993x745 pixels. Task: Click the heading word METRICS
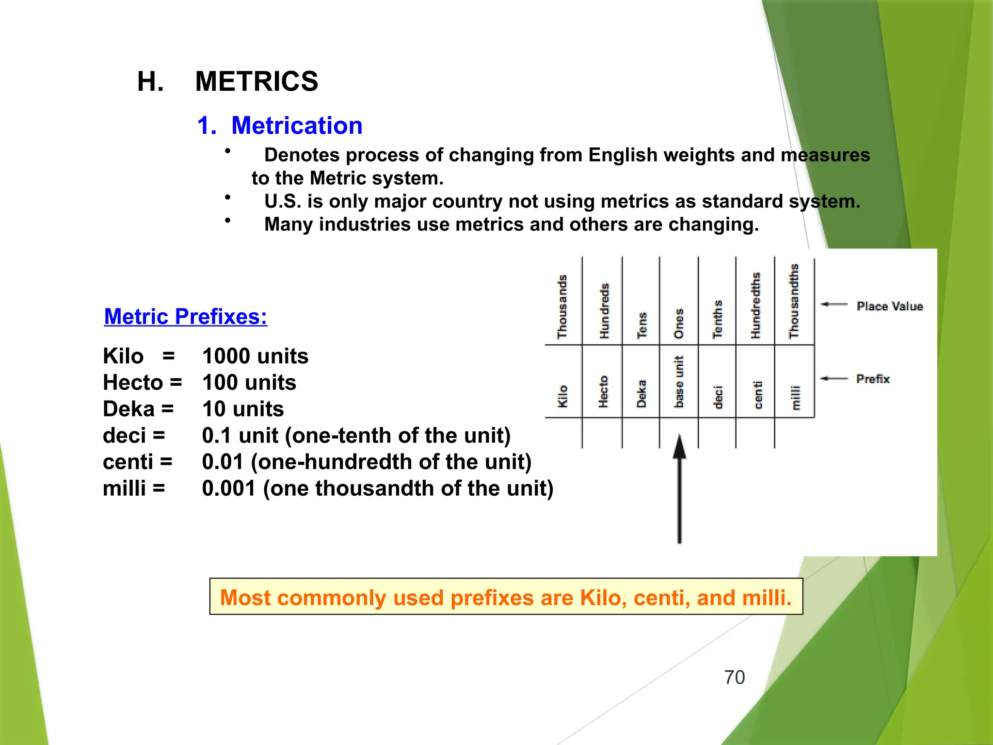[x=256, y=81]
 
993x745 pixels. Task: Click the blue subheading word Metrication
[x=297, y=126]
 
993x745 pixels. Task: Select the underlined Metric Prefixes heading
[x=186, y=317]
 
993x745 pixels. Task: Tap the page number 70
[x=734, y=677]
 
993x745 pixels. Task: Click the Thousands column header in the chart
[x=562, y=307]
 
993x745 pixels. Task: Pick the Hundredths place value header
[x=755, y=306]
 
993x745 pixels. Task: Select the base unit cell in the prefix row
[x=679, y=382]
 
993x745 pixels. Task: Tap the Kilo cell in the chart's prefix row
[x=563, y=396]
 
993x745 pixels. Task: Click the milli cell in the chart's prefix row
[x=795, y=398]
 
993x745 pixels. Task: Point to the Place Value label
[x=890, y=307]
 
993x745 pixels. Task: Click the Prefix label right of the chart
[x=873, y=379]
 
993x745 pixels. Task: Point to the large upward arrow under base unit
[x=679, y=490]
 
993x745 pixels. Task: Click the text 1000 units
[x=255, y=356]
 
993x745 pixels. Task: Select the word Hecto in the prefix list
[x=133, y=383]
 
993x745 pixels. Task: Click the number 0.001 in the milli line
[x=229, y=488]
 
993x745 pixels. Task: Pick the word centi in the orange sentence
[x=661, y=598]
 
